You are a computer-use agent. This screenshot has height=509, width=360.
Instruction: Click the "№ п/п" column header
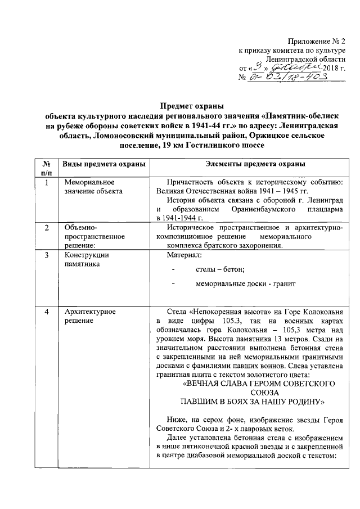(x=47, y=168)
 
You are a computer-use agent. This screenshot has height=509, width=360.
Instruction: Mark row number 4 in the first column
(x=47, y=311)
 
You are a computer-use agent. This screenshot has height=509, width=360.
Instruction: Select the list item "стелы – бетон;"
(x=220, y=269)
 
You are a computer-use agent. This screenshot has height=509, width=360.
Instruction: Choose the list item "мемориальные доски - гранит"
(x=245, y=284)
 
